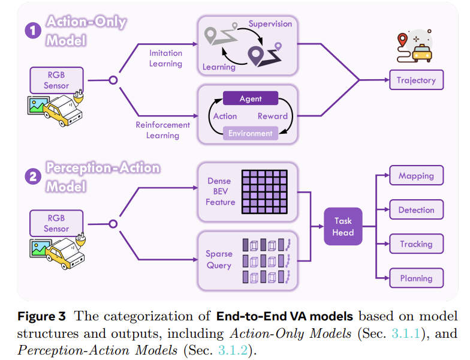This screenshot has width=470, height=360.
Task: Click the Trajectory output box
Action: pos(416,80)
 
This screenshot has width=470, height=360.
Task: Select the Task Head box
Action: pos(344,227)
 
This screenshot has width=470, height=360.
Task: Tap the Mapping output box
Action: pos(416,176)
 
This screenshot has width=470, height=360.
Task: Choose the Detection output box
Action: pos(416,210)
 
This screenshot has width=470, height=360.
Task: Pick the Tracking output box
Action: pos(416,244)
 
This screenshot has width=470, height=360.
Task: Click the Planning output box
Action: pos(416,278)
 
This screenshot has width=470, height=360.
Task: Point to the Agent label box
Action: pos(251,98)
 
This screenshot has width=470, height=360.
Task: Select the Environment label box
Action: pos(251,133)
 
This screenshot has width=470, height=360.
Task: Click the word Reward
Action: pos(273,116)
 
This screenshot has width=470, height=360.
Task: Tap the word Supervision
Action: pos(270,24)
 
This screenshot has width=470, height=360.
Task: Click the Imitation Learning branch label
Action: pos(165,58)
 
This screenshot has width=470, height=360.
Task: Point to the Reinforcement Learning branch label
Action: pos(162,130)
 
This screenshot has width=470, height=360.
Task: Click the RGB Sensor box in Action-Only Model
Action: pos(56,80)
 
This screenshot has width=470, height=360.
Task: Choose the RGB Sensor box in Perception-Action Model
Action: pos(56,223)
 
